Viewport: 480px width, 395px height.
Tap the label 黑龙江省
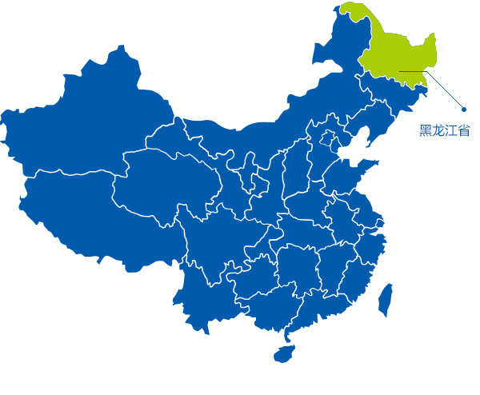coord(444,130)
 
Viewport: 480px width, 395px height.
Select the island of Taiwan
coord(385,297)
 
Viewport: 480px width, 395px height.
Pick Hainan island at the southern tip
coord(284,353)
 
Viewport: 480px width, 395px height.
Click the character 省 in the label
coord(463,130)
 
